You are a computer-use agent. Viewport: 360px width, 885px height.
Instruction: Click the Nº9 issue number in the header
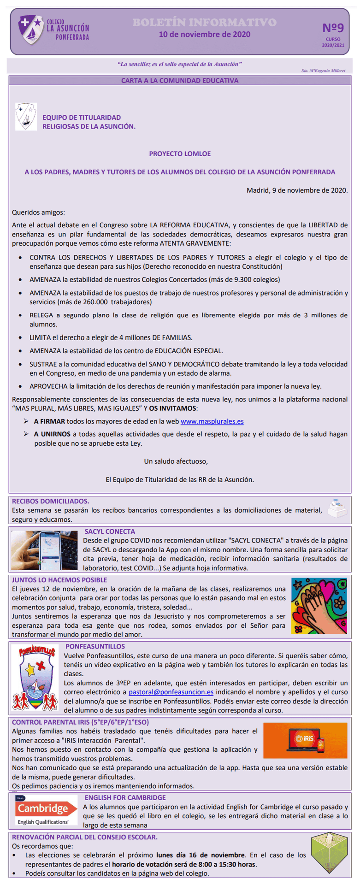tap(333, 28)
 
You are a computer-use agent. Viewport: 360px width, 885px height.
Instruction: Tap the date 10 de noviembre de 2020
tap(205, 34)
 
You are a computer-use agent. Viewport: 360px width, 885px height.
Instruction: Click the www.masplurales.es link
tap(212, 421)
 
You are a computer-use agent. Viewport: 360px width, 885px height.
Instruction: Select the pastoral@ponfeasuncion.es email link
tap(171, 692)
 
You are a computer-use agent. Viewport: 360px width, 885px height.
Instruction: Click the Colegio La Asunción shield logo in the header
tap(30, 29)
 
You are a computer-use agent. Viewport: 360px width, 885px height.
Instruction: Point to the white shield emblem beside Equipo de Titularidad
tap(26, 116)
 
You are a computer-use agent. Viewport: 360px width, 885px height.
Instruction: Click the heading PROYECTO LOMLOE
tap(180, 153)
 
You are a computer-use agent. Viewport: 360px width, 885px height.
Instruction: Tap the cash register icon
tap(337, 508)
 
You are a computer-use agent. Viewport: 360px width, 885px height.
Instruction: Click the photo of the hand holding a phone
tap(45, 550)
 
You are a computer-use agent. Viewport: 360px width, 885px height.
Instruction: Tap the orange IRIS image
tap(305, 740)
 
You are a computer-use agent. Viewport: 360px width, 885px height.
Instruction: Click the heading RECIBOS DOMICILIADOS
tap(51, 501)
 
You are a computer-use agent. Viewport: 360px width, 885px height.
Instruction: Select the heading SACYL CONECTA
tap(110, 531)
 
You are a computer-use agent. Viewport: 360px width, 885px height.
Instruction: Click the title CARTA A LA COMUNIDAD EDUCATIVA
tap(180, 81)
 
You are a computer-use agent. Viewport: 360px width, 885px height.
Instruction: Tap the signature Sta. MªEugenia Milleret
tap(323, 71)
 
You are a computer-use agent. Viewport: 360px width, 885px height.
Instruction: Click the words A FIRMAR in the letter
tap(49, 421)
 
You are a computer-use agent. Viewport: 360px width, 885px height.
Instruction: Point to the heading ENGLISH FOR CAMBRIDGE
tap(125, 797)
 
